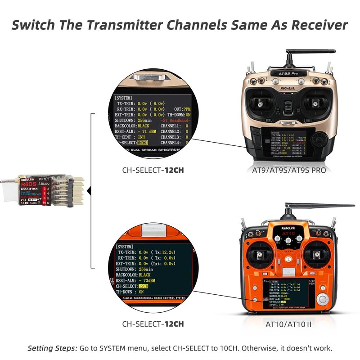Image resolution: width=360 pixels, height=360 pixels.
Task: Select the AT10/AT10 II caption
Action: (x=288, y=324)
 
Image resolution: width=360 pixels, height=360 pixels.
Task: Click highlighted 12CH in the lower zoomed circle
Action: (x=144, y=286)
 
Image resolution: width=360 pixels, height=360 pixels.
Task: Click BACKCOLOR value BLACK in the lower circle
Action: (x=144, y=274)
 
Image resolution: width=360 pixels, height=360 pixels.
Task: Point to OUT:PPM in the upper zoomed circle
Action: (x=182, y=109)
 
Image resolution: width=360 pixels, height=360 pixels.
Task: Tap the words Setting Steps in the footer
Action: (x=53, y=348)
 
